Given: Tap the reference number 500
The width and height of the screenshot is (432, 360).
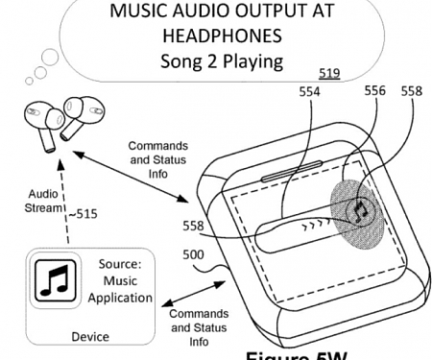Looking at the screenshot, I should click(192, 257).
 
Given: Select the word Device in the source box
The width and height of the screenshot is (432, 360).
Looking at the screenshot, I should click(90, 337).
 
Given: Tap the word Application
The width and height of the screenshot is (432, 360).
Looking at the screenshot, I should click(119, 298).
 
